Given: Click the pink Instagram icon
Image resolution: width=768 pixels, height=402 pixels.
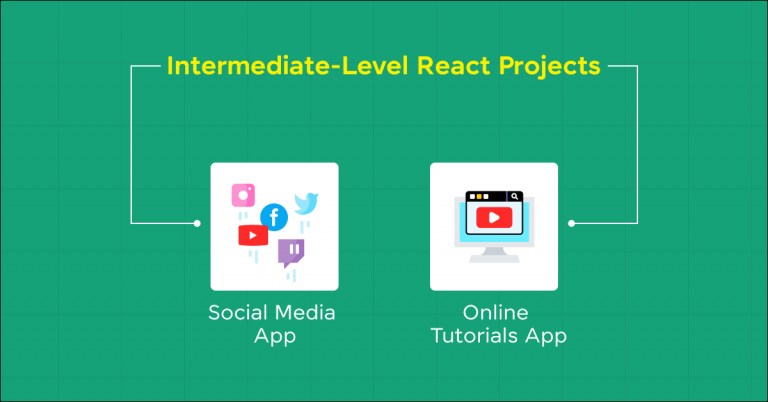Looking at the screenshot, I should click(243, 194).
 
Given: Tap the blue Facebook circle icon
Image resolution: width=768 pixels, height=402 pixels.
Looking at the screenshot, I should click(273, 216).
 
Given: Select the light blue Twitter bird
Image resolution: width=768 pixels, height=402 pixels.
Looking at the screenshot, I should click(305, 204).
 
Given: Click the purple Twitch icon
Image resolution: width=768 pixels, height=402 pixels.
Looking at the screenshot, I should click(291, 251).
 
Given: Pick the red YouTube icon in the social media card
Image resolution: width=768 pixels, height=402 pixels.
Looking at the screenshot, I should click(252, 236).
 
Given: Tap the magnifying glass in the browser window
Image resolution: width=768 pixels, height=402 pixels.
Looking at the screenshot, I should click(513, 197).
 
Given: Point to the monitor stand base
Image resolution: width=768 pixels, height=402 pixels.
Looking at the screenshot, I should click(493, 257).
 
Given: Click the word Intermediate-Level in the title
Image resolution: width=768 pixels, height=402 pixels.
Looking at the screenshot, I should click(266, 67).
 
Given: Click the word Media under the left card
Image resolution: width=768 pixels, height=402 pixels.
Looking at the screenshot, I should click(308, 312).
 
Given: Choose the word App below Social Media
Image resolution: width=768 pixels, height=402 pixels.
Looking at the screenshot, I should click(274, 336).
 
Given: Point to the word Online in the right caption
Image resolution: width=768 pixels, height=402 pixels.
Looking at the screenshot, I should click(495, 312).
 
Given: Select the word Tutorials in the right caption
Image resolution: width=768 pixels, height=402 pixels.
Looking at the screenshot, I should click(474, 336).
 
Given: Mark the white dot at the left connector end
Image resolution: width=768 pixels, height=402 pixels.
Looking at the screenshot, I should click(197, 223).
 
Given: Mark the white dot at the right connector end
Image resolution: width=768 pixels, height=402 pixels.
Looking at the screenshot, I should click(571, 223).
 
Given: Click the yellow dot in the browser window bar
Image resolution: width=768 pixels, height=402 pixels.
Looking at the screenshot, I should click(479, 197).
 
